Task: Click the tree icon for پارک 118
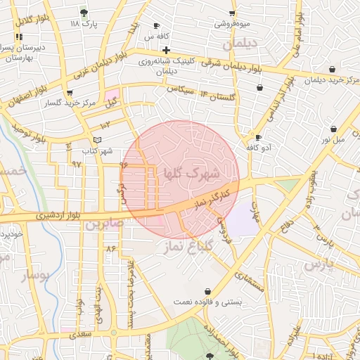pyautogui.click(x=84, y=13)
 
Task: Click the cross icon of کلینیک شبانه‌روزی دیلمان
pyautogui.click(x=166, y=50)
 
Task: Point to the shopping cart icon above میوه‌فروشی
pyautogui.click(x=232, y=13)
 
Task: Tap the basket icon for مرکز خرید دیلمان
pyautogui.click(x=332, y=69)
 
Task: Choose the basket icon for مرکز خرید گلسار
pyautogui.click(x=69, y=93)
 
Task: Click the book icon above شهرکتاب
pyautogui.click(x=97, y=141)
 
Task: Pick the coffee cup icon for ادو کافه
pyautogui.click(x=259, y=137)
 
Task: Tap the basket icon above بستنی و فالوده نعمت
pyautogui.click(x=207, y=291)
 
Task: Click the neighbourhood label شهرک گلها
pyautogui.click(x=192, y=172)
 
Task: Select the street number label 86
pyautogui.click(x=110, y=249)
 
